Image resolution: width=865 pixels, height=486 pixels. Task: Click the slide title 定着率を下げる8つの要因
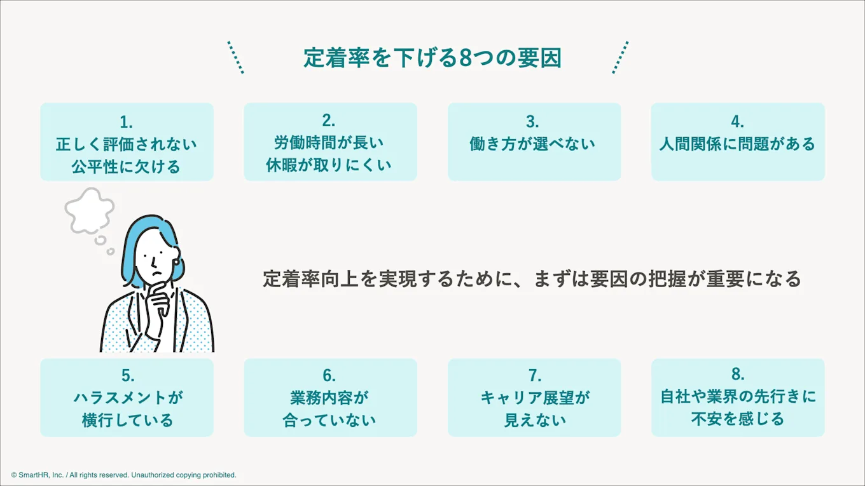click(432, 58)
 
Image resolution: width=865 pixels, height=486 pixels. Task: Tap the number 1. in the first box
click(126, 121)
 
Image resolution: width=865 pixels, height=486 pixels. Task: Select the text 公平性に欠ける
click(127, 166)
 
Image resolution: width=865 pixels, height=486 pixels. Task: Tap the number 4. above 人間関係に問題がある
click(737, 121)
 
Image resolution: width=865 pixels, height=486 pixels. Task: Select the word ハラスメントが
click(127, 398)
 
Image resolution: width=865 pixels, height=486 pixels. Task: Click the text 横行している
click(127, 421)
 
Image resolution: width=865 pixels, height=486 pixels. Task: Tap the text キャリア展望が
click(535, 398)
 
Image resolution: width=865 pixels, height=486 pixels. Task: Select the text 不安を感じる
click(738, 419)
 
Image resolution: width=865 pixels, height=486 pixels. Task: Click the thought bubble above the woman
click(90, 210)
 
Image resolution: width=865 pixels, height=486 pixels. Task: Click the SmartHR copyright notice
click(123, 475)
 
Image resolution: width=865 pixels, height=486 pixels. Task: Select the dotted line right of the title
click(620, 57)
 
